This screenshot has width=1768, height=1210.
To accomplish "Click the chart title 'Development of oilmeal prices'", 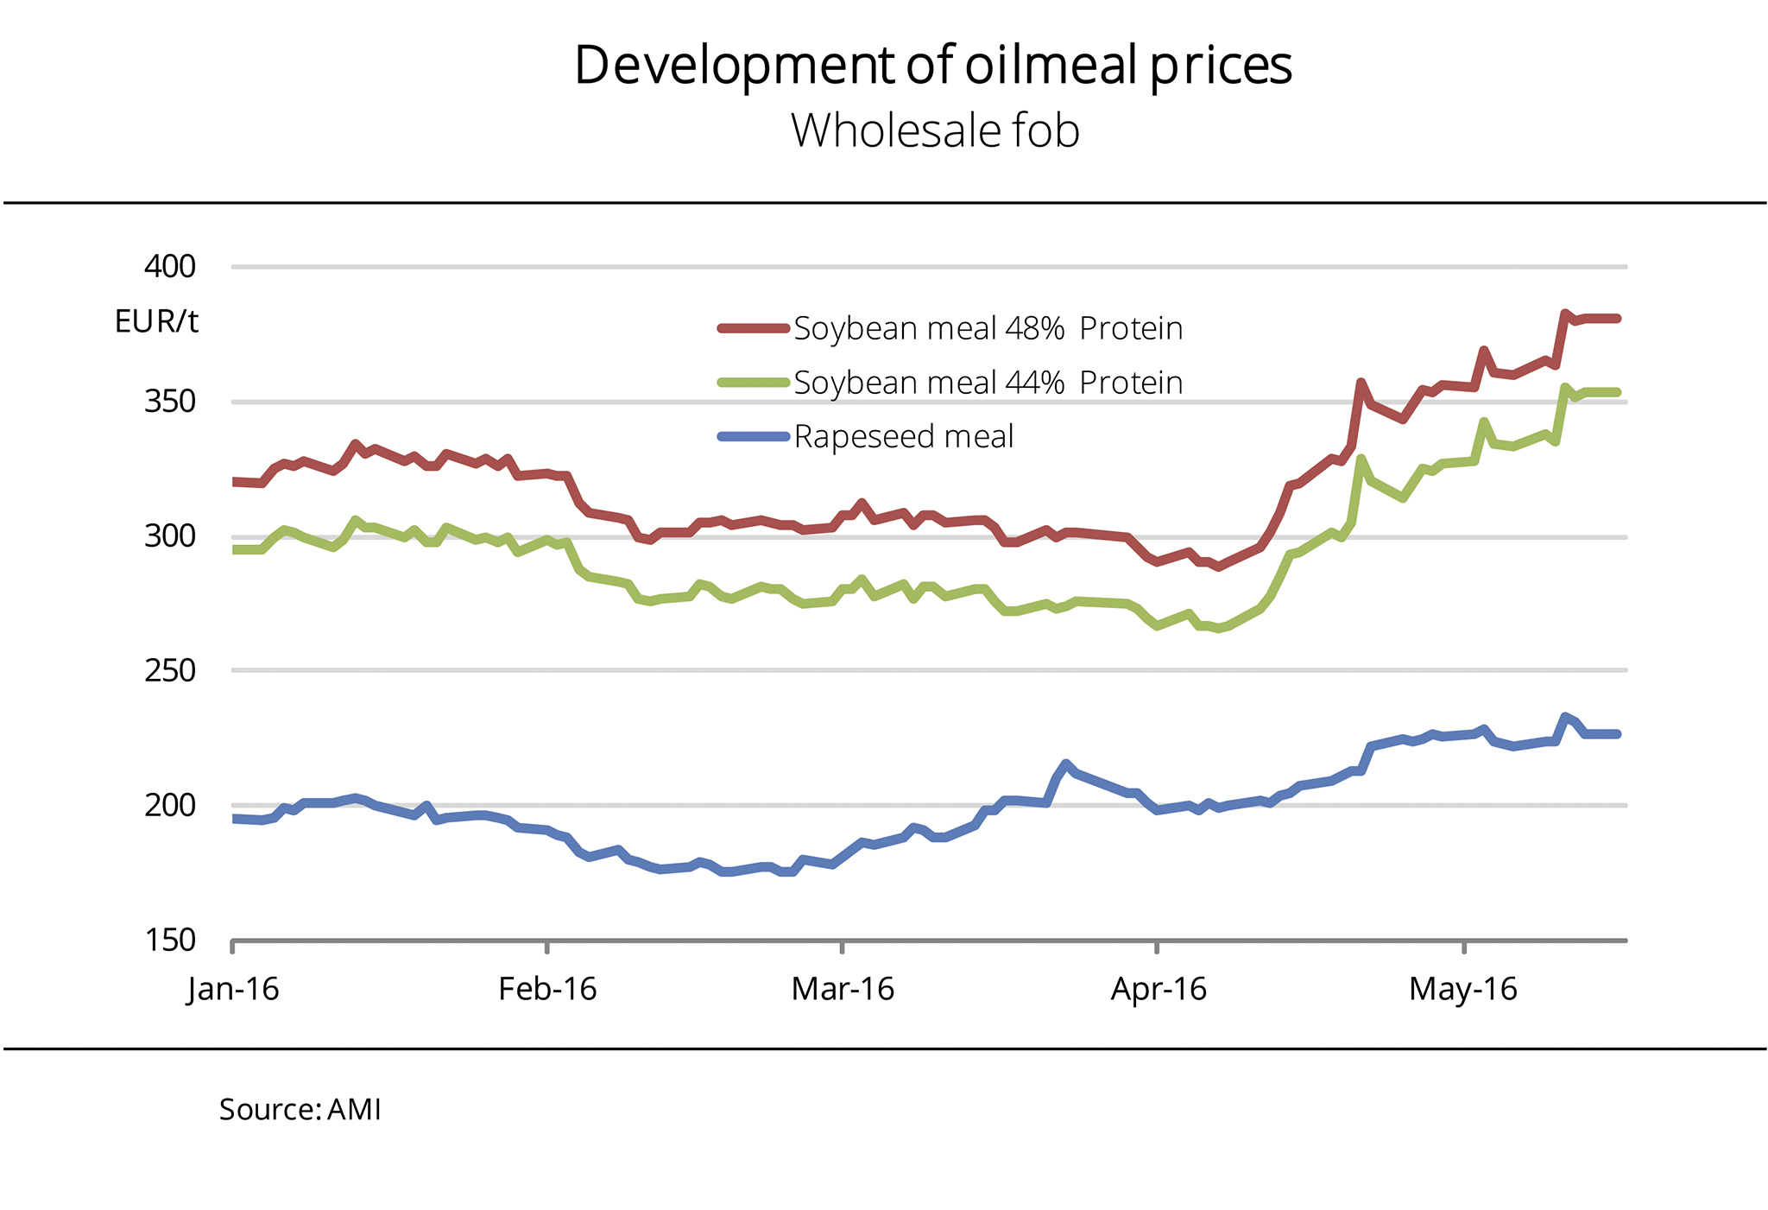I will (x=933, y=65).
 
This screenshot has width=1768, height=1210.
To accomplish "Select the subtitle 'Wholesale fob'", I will (x=935, y=131).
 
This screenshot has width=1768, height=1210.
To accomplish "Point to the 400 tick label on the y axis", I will (x=170, y=266).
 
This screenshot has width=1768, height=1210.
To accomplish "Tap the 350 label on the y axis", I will (x=170, y=402).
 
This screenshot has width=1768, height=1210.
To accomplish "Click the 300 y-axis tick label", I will (x=170, y=536).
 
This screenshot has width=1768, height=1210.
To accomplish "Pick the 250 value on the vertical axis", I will (x=170, y=670).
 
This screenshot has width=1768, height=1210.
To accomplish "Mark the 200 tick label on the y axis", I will (x=170, y=805).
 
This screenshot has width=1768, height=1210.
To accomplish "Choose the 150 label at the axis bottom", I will (x=170, y=940).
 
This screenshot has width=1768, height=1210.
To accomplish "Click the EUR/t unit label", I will (x=156, y=322).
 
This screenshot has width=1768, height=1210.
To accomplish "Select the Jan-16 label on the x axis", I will (x=233, y=989).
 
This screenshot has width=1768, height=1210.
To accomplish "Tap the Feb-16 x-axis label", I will (x=547, y=989).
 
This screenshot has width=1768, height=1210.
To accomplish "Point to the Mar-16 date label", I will (x=843, y=989).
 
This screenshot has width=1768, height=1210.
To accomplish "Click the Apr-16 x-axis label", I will (x=1158, y=989).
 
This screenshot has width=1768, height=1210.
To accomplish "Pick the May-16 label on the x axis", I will (x=1463, y=989).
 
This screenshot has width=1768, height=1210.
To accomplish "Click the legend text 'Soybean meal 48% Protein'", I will (x=988, y=329).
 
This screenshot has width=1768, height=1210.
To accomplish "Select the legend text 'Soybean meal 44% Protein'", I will (x=988, y=383).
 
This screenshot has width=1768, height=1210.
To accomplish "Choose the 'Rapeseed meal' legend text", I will (x=904, y=437).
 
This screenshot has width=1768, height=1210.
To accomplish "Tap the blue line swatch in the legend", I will (x=754, y=437).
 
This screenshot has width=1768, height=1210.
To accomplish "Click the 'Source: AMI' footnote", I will (x=300, y=1110).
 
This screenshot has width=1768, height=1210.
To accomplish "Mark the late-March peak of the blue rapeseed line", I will (x=1066, y=763).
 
